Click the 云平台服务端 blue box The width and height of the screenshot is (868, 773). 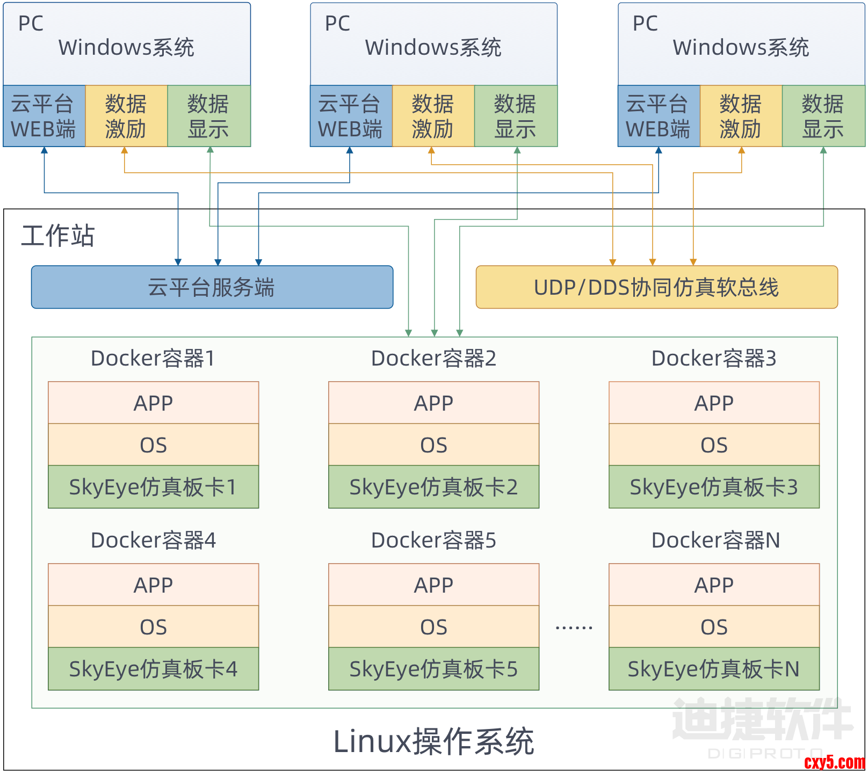pyautogui.click(x=212, y=287)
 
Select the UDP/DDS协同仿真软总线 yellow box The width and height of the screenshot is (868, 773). pyautogui.click(x=656, y=287)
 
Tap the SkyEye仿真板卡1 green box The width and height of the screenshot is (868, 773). pyautogui.click(x=153, y=487)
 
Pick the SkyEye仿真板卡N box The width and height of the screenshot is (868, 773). pyautogui.click(x=714, y=669)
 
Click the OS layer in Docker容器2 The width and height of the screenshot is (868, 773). pyautogui.click(x=433, y=445)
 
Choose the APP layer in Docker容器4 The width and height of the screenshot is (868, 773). pyautogui.click(x=153, y=585)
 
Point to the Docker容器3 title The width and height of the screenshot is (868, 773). pyautogui.click(x=714, y=358)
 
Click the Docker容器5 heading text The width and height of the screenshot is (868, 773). pyautogui.click(x=433, y=540)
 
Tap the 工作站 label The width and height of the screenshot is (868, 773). pyautogui.click(x=58, y=236)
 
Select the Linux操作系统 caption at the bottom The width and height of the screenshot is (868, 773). pyautogui.click(x=433, y=741)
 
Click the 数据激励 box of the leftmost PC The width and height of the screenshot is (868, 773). pyautogui.click(x=126, y=116)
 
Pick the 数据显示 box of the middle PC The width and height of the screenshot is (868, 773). pyautogui.click(x=515, y=116)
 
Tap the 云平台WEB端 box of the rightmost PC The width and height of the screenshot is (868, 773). pyautogui.click(x=658, y=116)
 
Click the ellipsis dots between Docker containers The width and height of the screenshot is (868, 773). pyautogui.click(x=574, y=627)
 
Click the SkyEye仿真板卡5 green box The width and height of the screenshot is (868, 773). pyautogui.click(x=433, y=669)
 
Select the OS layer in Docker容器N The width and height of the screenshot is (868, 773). pyautogui.click(x=714, y=627)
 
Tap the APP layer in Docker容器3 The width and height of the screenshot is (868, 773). pyautogui.click(x=714, y=403)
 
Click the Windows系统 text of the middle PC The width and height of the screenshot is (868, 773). pyautogui.click(x=433, y=47)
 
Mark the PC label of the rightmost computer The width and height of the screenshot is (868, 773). pyautogui.click(x=645, y=23)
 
